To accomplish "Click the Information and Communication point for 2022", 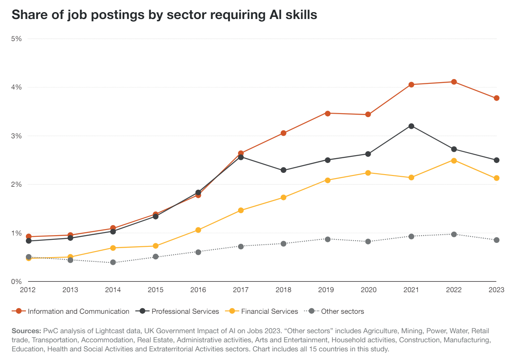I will click(x=454, y=82).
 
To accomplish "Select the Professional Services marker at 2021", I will click(x=411, y=126).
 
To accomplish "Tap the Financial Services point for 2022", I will click(x=454, y=160).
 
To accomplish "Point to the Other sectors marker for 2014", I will click(x=113, y=262).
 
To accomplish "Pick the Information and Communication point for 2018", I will click(x=283, y=133).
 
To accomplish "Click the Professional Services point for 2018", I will click(x=283, y=170).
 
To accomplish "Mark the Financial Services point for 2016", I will click(x=198, y=230).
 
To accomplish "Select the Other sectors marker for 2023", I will click(x=496, y=240).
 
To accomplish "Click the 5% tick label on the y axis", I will click(x=16, y=38).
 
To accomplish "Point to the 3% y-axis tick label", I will click(x=16, y=136).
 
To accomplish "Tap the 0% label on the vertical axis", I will click(x=16, y=281).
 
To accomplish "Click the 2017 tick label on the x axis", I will click(x=241, y=290).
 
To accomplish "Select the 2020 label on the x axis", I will click(x=368, y=290).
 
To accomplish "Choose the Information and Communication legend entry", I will click(x=78, y=311).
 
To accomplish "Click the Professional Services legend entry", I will click(x=185, y=311).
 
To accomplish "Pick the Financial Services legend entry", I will click(x=269, y=311).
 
